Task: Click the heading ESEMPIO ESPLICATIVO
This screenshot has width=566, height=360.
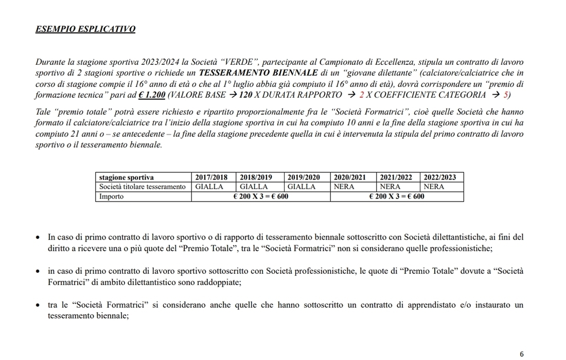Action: point(85,29)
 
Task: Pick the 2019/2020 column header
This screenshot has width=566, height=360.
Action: point(307,177)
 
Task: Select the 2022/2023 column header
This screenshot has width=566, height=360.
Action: point(440,177)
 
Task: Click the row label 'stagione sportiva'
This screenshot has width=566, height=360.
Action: point(127,177)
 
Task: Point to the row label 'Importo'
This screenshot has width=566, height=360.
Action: point(111,196)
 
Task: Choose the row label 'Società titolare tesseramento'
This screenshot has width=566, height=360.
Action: point(142,187)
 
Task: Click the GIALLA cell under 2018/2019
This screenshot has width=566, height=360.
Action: point(254,187)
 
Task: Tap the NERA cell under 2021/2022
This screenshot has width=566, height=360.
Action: point(390,187)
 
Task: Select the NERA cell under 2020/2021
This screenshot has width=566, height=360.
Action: point(344,187)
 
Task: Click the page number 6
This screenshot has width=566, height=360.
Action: point(522,354)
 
